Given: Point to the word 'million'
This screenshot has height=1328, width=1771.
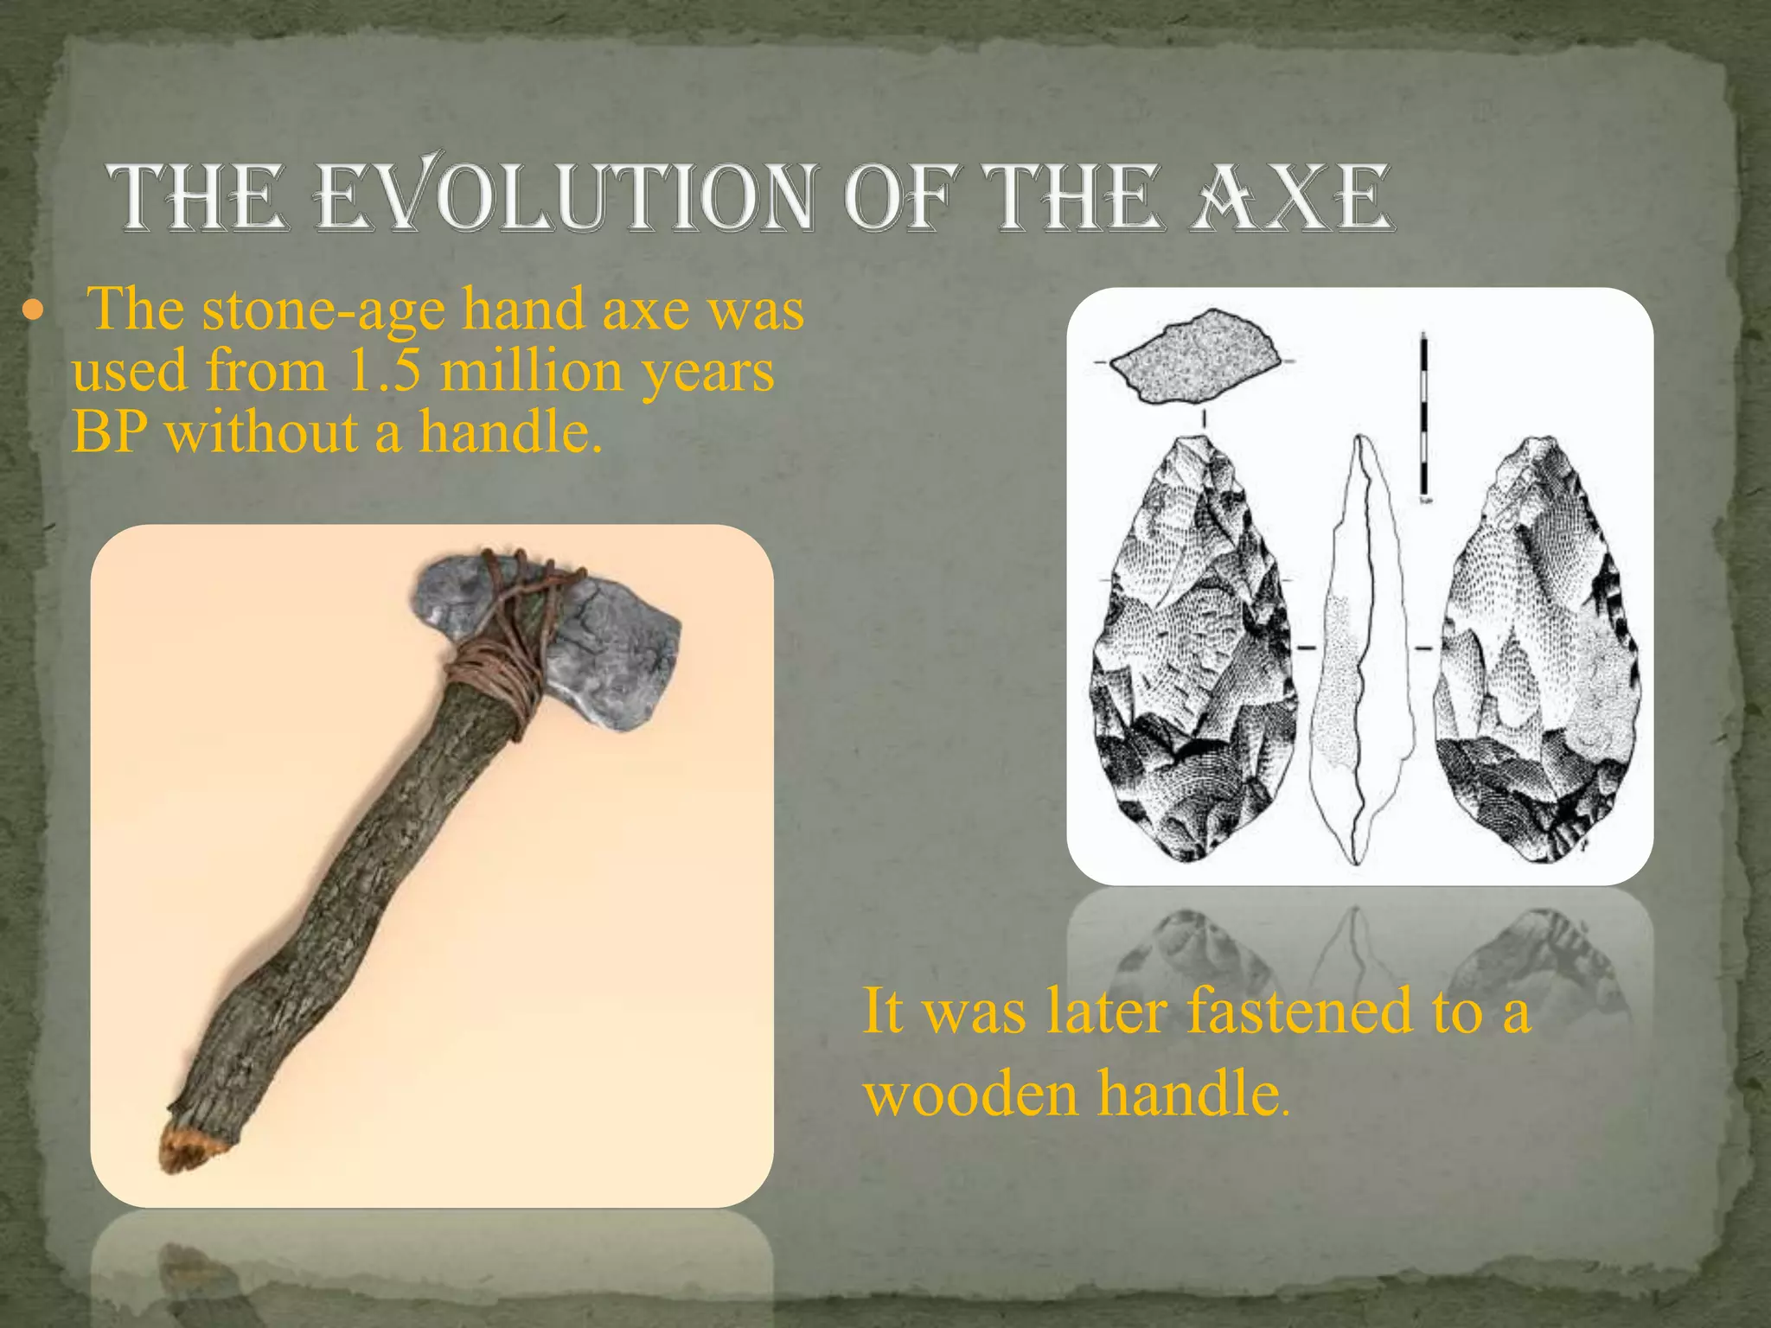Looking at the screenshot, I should pos(532,372).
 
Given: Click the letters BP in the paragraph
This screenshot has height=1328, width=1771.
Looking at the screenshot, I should pos(107,432).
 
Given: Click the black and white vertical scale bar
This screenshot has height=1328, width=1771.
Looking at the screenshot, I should pos(1423,415).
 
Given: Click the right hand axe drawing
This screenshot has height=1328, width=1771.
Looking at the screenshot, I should pos(1535,657).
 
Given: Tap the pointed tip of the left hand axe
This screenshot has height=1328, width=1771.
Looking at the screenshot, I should pos(1197,444).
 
